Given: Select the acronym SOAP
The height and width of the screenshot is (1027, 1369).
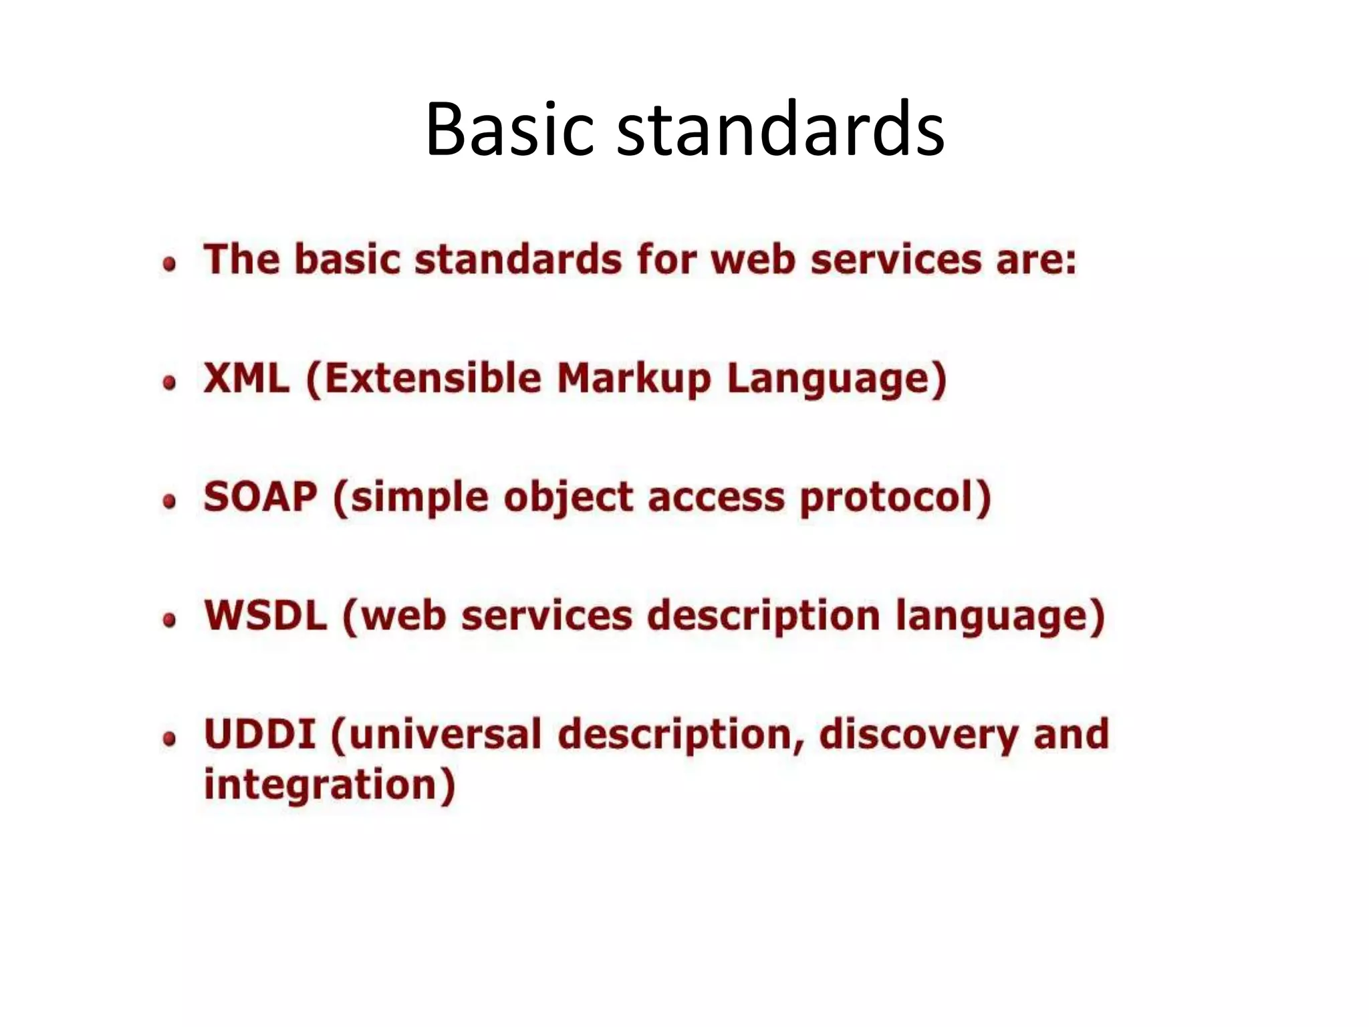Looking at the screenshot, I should tap(260, 497).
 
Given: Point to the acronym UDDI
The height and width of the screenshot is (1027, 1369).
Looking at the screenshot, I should tap(259, 734).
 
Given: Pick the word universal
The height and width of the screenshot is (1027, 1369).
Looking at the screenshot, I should tap(444, 734).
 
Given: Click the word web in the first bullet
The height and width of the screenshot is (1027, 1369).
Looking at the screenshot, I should tap(753, 259).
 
